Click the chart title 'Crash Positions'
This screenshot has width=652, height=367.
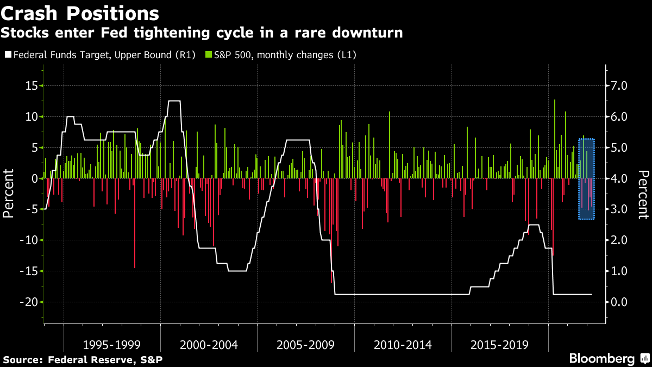[x=80, y=13]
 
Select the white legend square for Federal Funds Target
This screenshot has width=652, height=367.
[x=7, y=55]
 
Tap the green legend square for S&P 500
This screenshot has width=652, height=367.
[x=209, y=55]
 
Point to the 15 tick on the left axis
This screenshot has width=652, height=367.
[x=30, y=86]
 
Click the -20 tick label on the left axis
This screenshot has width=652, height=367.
[x=27, y=302]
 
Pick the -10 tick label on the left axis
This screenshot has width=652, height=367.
[x=27, y=240]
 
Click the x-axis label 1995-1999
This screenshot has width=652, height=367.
[x=112, y=345]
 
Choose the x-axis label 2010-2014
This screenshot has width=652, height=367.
[x=403, y=345]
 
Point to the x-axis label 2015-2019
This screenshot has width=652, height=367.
[x=499, y=345]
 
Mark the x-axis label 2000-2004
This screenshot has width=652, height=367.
[x=209, y=345]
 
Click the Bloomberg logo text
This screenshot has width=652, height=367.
[x=601, y=359]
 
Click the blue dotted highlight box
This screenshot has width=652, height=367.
[x=587, y=179]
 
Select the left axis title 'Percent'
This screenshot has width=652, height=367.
[x=9, y=194]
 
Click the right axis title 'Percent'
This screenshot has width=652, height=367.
[x=643, y=194]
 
